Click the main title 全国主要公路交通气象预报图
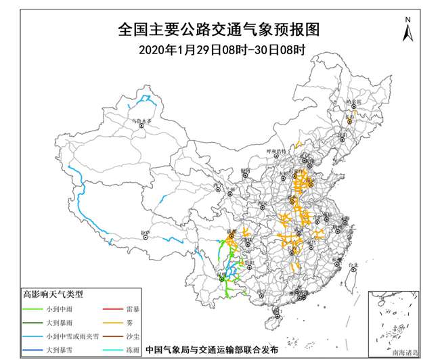tap(217, 30)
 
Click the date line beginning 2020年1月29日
tap(217, 49)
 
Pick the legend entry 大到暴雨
tap(61, 322)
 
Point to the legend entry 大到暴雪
tap(61, 351)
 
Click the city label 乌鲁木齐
tap(143, 120)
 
